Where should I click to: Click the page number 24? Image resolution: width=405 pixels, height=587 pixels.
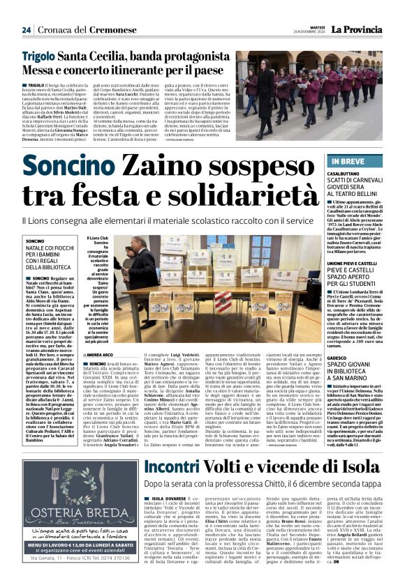[x=26, y=30]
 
